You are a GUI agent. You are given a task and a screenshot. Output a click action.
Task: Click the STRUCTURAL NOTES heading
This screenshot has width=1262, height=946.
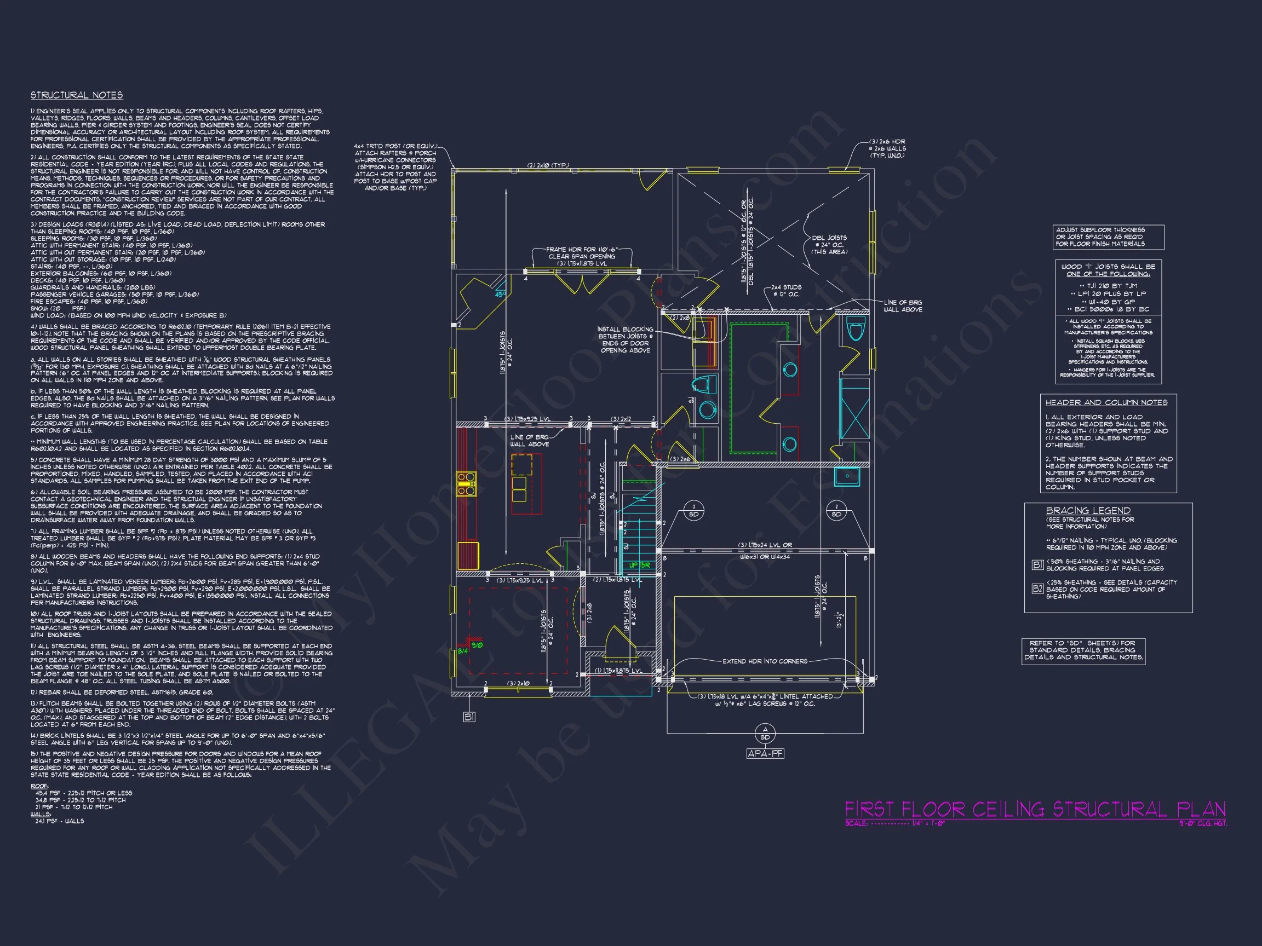click(x=77, y=95)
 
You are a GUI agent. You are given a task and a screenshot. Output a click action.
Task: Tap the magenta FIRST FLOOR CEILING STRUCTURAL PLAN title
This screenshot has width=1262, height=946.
click(x=1035, y=809)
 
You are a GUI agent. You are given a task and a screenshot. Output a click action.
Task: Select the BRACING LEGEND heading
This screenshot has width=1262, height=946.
click(x=1087, y=510)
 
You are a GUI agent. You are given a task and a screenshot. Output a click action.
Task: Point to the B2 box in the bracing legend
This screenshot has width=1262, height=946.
click(x=1038, y=589)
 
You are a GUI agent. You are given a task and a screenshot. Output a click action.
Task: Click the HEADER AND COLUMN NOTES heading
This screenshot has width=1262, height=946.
click(x=1106, y=402)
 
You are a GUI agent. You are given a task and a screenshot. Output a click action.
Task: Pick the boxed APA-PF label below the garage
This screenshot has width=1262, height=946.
click(x=765, y=754)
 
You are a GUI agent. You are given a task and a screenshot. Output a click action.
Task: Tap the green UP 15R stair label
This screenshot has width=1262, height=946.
click(x=640, y=565)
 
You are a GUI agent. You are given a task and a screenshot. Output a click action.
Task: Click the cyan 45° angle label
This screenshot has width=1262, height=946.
click(x=500, y=294)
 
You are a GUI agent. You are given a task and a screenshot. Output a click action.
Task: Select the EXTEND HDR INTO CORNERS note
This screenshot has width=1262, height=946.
click(x=765, y=661)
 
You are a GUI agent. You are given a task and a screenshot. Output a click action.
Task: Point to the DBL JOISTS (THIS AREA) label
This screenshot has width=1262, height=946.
click(x=829, y=245)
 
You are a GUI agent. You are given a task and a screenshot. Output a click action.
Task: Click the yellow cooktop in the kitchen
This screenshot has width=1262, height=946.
click(x=466, y=483)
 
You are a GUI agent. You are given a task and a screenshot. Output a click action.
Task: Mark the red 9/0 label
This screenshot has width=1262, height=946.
click(x=477, y=645)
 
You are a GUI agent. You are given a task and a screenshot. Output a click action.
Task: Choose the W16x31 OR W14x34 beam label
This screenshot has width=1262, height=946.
click(x=765, y=557)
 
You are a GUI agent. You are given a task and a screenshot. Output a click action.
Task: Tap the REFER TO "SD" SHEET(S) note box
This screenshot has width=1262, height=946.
click(x=1083, y=650)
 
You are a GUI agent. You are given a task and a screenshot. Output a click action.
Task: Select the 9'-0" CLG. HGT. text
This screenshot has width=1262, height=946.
click(x=1203, y=823)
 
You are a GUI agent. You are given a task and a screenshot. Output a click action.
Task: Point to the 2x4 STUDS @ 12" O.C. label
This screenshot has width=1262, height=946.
click(x=786, y=291)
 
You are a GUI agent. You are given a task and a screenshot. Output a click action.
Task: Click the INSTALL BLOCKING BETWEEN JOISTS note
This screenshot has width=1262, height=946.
click(x=625, y=340)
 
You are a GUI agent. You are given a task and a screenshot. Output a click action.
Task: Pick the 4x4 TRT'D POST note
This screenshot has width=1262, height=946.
click(x=395, y=167)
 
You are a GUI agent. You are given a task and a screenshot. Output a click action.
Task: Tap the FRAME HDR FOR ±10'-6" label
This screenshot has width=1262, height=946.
click(x=581, y=257)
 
